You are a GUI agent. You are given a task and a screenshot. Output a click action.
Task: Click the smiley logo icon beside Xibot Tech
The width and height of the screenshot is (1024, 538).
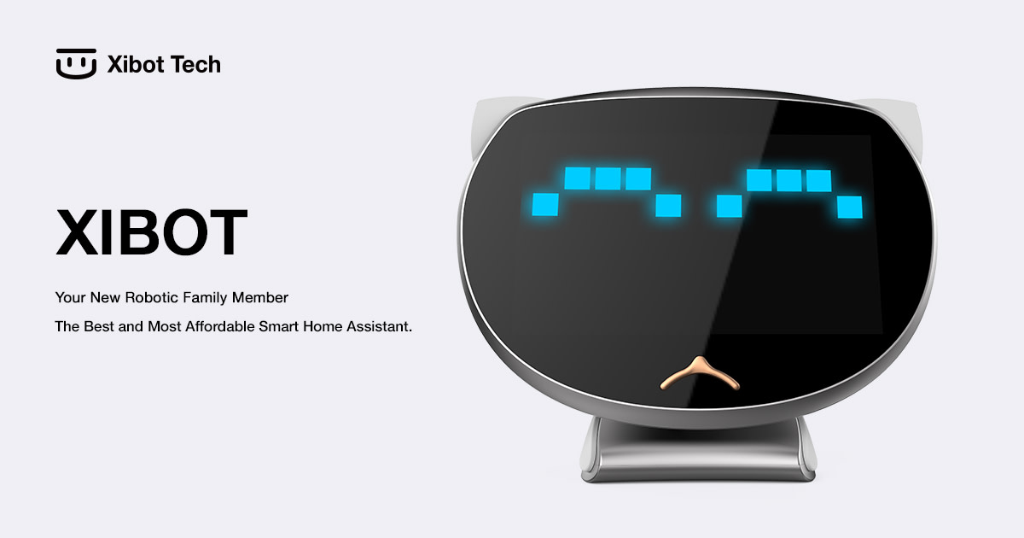[x=77, y=64]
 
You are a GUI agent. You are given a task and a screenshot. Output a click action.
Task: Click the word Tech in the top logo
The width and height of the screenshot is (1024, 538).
[x=195, y=64]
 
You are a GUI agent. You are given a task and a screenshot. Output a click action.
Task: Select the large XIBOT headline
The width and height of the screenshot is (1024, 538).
[x=151, y=232]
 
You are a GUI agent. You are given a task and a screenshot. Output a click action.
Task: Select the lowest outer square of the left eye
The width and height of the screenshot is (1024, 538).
[x=545, y=205]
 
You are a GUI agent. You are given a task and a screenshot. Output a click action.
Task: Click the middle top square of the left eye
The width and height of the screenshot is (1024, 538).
[x=608, y=178]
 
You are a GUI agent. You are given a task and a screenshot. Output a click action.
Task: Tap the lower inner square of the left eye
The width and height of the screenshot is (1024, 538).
[x=668, y=206]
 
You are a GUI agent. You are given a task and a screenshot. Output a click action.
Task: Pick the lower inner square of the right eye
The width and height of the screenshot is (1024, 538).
[x=729, y=206]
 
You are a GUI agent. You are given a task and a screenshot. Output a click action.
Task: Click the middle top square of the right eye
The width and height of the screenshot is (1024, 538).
[x=788, y=180]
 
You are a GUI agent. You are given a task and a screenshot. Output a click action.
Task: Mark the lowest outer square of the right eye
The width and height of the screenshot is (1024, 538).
[x=850, y=207]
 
